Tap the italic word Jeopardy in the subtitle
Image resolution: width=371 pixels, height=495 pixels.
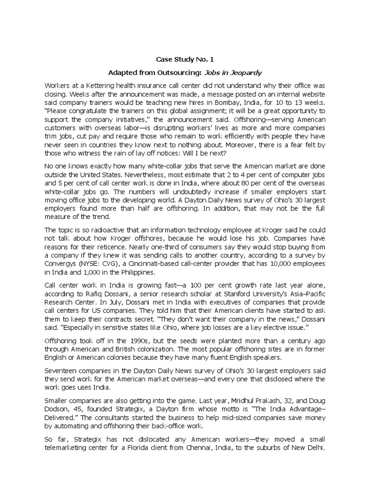(247, 73)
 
